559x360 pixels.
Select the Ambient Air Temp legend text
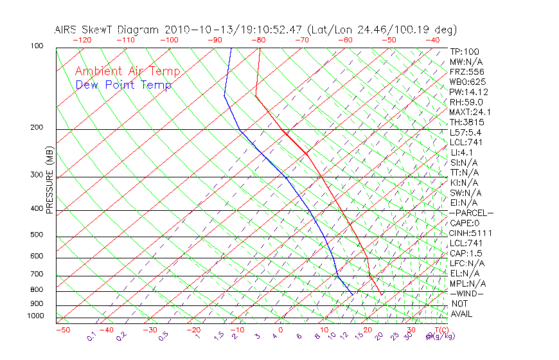point(127,71)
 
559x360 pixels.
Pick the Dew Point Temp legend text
point(123,85)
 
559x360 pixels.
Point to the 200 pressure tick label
point(37,128)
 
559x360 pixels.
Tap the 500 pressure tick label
point(37,235)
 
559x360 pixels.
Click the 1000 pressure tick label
point(35,316)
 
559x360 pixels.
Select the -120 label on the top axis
point(82,40)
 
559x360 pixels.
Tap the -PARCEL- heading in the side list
point(471,213)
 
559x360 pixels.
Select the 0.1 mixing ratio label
point(91,336)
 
